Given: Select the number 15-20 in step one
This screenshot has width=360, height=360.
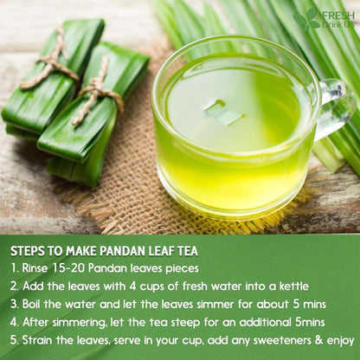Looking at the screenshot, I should tap(74, 268).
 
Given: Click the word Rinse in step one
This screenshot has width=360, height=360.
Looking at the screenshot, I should tap(40, 268).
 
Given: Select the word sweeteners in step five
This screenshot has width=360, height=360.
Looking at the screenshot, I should tap(274, 341).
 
